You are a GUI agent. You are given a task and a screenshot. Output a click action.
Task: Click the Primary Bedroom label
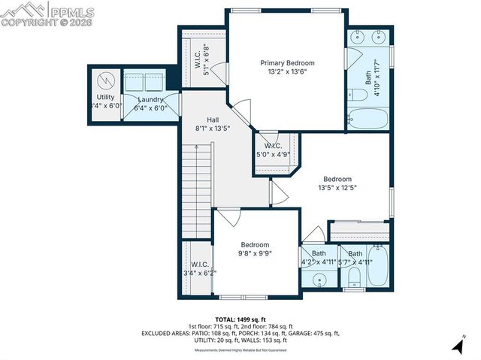pyautogui.click(x=287, y=62)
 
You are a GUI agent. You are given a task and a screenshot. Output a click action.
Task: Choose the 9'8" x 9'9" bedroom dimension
pyautogui.click(x=255, y=254)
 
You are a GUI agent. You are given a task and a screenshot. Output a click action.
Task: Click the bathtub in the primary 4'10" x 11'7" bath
pyautogui.click(x=368, y=118)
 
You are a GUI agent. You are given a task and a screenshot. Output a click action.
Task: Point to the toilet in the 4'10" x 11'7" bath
pyautogui.click(x=357, y=94)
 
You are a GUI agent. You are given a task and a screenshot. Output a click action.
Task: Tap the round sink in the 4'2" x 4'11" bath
pyautogui.click(x=320, y=280)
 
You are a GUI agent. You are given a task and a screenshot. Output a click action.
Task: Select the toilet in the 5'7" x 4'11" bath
pyautogui.click(x=353, y=282)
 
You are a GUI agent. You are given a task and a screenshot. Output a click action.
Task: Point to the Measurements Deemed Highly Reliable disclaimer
pyautogui.click(x=240, y=350)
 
